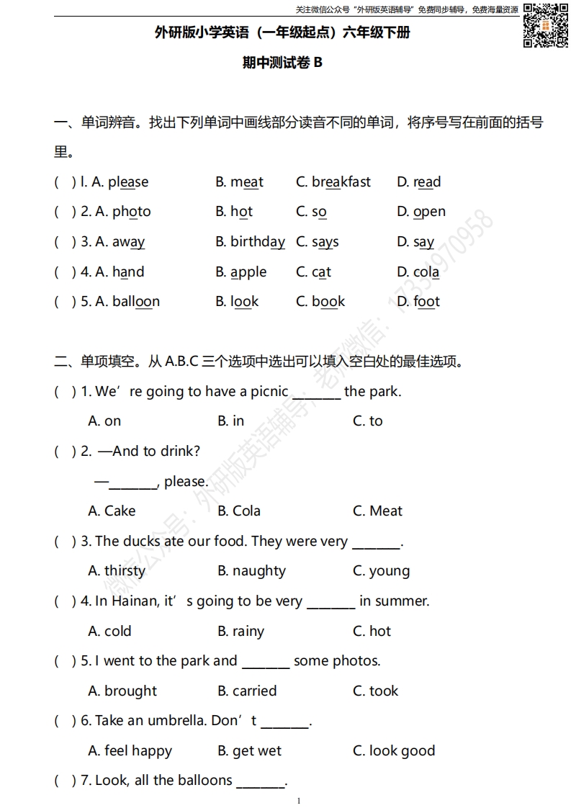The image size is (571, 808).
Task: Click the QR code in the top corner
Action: point(545,25)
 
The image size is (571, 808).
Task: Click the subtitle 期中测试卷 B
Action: point(283,63)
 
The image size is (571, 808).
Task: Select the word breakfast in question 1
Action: point(341,182)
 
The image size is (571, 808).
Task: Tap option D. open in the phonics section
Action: point(421,212)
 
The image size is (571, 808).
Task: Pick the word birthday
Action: point(257,242)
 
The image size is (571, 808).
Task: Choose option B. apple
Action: point(241,272)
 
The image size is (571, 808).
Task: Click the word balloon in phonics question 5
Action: point(135,302)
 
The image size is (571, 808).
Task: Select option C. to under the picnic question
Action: point(367,421)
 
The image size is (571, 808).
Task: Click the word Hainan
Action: point(135,601)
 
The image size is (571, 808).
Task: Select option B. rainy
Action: point(240,632)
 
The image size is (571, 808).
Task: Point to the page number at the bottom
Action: point(298,801)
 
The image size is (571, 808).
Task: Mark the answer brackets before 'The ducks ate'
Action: point(65,542)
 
